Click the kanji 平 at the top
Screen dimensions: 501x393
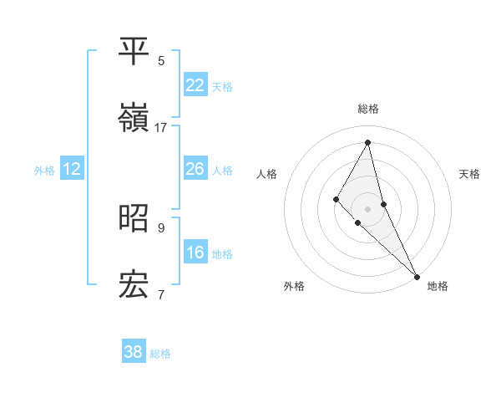click(134, 53)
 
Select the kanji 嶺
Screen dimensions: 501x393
click(134, 120)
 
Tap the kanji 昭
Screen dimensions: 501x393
click(134, 218)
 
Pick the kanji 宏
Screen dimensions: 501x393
click(134, 286)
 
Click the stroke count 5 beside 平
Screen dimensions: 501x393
click(161, 60)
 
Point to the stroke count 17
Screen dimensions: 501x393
click(161, 128)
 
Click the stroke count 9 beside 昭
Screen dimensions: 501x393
click(161, 227)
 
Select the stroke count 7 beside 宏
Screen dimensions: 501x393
click(161, 294)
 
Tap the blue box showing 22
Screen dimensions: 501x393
click(195, 85)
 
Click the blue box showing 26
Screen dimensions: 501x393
click(195, 169)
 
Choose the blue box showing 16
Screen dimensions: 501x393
click(195, 253)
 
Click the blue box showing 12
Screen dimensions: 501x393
click(72, 169)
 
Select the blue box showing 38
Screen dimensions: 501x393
click(134, 352)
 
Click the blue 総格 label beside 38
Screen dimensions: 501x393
click(160, 354)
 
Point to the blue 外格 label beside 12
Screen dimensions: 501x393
click(44, 171)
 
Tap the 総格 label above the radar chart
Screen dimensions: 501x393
click(367, 109)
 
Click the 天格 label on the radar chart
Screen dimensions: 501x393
click(469, 174)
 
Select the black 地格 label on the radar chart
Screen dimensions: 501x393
click(438, 286)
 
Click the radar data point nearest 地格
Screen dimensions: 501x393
click(416, 275)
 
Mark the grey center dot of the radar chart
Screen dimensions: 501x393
click(367, 208)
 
